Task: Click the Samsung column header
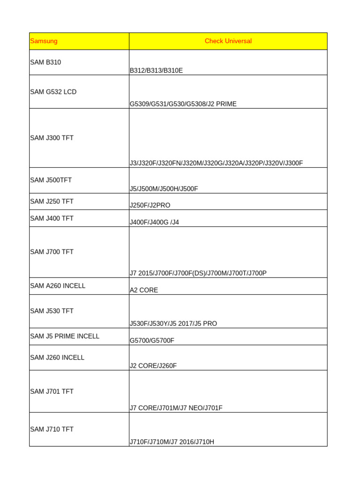pyautogui.click(x=44, y=41)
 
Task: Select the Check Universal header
pyautogui.click(x=228, y=41)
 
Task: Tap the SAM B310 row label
pyautogui.click(x=45, y=62)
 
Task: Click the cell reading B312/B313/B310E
pyautogui.click(x=156, y=71)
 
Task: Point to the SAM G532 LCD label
pyautogui.click(x=53, y=92)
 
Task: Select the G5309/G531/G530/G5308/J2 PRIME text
pyautogui.click(x=183, y=104)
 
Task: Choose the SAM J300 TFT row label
pyautogui.click(x=52, y=138)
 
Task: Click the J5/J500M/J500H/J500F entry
pyautogui.click(x=164, y=189)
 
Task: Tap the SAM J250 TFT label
pyautogui.click(x=52, y=202)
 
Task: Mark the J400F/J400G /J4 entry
pyautogui.click(x=154, y=223)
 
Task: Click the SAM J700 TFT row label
pyautogui.click(x=52, y=252)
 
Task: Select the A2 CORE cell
pyautogui.click(x=144, y=291)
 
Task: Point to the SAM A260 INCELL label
pyautogui.click(x=58, y=286)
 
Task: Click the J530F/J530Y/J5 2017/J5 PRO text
pyautogui.click(x=173, y=324)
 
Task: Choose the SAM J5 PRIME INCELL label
pyautogui.click(x=65, y=337)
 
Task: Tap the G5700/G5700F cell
pyautogui.click(x=152, y=341)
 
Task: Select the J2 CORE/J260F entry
pyautogui.click(x=153, y=366)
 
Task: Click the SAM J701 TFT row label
pyautogui.click(x=52, y=392)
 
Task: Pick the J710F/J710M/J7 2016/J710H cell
pyautogui.click(x=172, y=442)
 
